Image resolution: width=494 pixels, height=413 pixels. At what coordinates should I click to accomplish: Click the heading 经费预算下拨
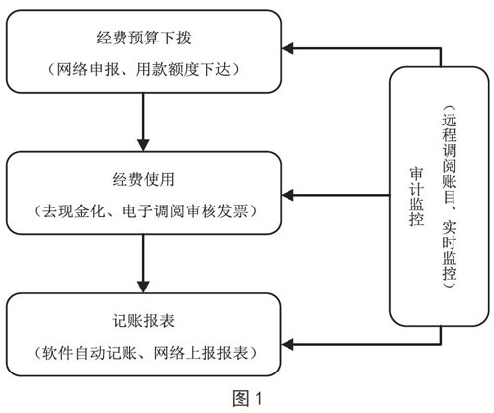point(143,38)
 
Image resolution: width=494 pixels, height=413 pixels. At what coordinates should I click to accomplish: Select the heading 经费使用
point(143,180)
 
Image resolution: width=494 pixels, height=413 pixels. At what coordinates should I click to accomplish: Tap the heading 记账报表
point(143,321)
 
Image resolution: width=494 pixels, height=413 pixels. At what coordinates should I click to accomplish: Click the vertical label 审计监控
point(416,197)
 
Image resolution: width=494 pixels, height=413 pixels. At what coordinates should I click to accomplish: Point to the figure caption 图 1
point(247,399)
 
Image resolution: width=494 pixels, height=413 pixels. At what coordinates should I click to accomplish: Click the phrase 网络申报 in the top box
point(88,70)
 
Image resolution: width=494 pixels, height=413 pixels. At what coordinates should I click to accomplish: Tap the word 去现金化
point(73,211)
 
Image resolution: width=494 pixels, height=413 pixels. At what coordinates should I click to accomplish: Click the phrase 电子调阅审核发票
point(186,211)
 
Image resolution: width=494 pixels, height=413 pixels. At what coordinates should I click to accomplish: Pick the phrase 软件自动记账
point(89,353)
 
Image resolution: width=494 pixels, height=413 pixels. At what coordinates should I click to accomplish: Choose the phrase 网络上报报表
point(201,353)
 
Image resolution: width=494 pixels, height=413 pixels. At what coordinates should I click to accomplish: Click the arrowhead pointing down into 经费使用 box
point(143,145)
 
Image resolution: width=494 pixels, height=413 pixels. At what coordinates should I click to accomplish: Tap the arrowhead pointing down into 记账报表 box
point(143,287)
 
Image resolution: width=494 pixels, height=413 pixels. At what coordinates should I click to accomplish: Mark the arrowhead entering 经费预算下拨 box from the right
point(288,48)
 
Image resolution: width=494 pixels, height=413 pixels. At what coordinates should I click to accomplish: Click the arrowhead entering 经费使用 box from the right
point(288,195)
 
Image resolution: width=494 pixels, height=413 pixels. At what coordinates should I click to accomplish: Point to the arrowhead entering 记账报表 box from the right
point(288,345)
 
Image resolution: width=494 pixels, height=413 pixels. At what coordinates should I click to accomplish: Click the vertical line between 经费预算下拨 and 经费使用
point(143,117)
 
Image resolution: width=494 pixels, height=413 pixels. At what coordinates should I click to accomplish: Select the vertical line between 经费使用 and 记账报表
point(143,258)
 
